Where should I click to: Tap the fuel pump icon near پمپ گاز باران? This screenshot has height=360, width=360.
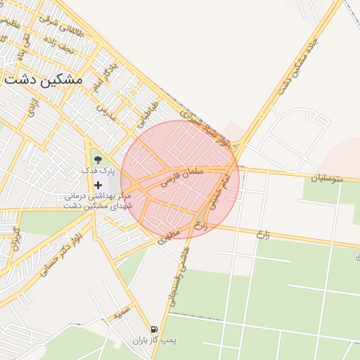coord(154,329)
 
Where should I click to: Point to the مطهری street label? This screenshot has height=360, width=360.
coord(170,236)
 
